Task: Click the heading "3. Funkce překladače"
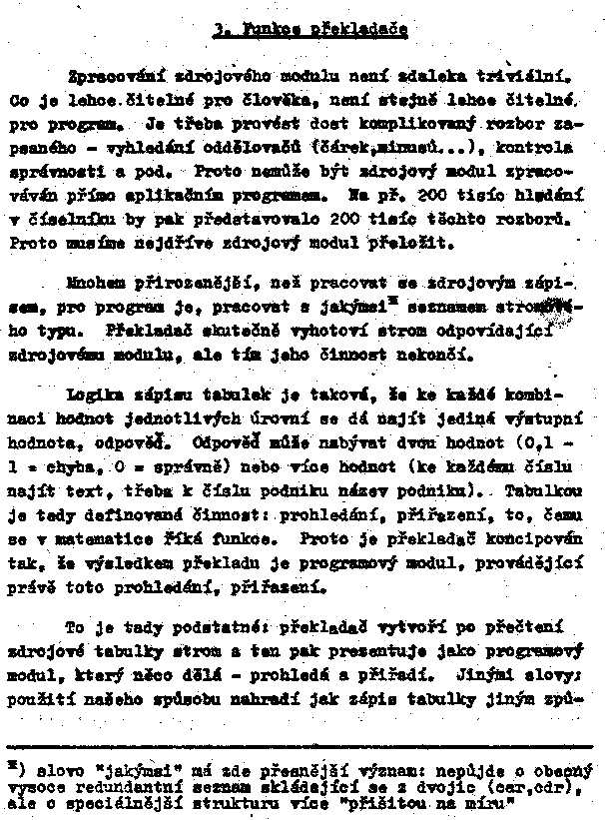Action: point(309,31)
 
